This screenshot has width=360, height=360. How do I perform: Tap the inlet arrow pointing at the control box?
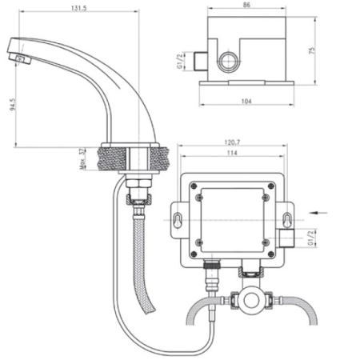(x=318, y=212)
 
